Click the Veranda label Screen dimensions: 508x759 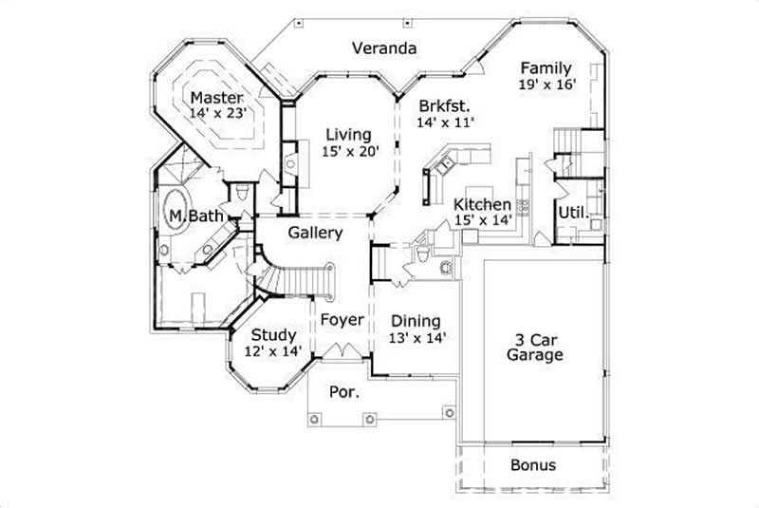[385, 47]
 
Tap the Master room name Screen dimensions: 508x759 [216, 97]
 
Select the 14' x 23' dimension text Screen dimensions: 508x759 [218, 112]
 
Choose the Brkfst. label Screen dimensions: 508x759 [445, 105]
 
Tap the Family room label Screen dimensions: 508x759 [546, 68]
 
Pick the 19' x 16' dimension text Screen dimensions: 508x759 [547, 85]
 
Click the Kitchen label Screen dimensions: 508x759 [482, 205]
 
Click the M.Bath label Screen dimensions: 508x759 [196, 216]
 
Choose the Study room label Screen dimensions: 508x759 [273, 335]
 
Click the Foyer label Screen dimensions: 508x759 [341, 320]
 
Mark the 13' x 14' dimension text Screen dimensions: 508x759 [417, 337]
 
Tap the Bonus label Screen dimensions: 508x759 [532, 465]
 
